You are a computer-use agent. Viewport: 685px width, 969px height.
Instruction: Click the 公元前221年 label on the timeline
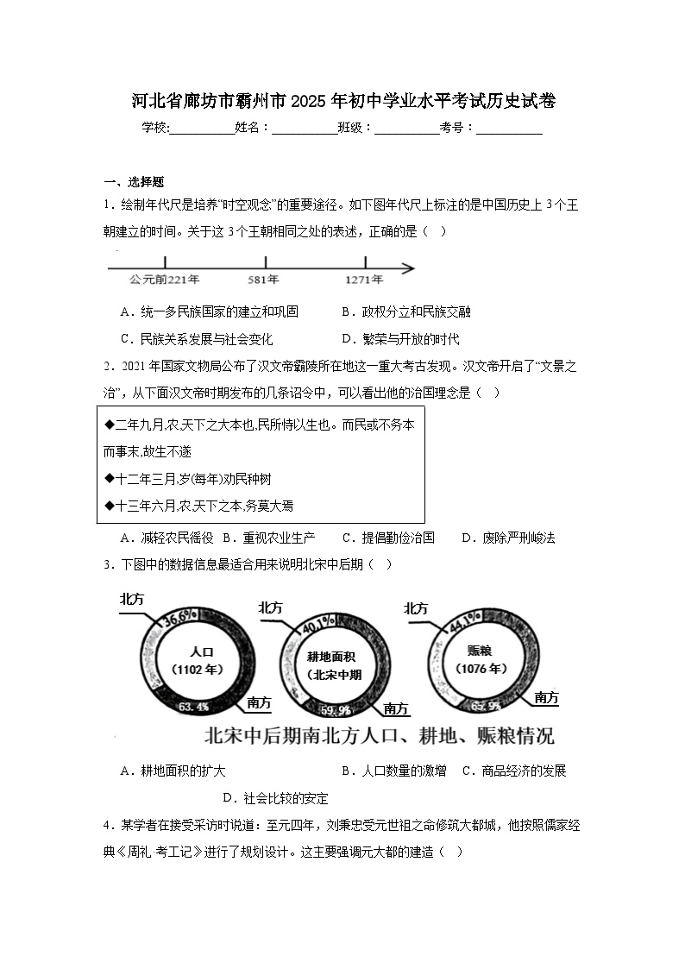[x=165, y=280]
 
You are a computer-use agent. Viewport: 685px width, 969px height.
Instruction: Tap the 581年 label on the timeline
[x=262, y=280]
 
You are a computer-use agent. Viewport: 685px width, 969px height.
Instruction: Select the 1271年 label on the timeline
[x=365, y=280]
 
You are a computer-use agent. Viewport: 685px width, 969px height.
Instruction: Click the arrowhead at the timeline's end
[x=408, y=268]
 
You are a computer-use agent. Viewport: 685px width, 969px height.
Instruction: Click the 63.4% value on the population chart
[x=193, y=707]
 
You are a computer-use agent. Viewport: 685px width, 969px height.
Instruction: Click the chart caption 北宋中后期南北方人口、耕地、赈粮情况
[x=379, y=736]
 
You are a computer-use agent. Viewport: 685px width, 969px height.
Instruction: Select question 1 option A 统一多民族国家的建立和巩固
[x=210, y=311]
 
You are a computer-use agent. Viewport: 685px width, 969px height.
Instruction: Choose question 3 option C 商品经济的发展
[x=514, y=771]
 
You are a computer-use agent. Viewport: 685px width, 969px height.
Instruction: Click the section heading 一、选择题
[x=134, y=181]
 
